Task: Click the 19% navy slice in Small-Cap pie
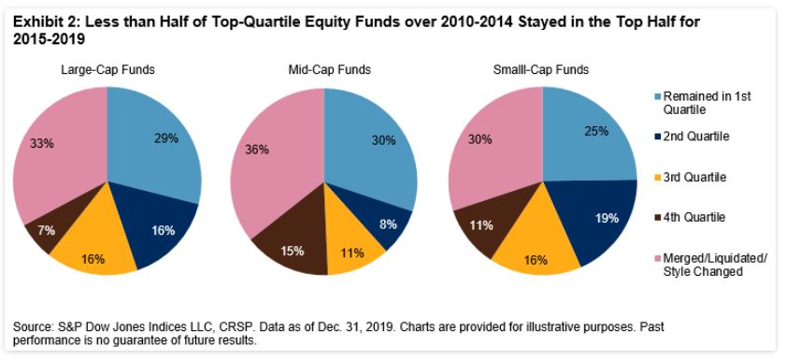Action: pos(596,221)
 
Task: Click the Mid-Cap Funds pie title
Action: pos(329,70)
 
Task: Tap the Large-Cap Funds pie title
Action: pos(107,70)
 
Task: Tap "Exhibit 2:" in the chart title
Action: pos(40,22)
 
